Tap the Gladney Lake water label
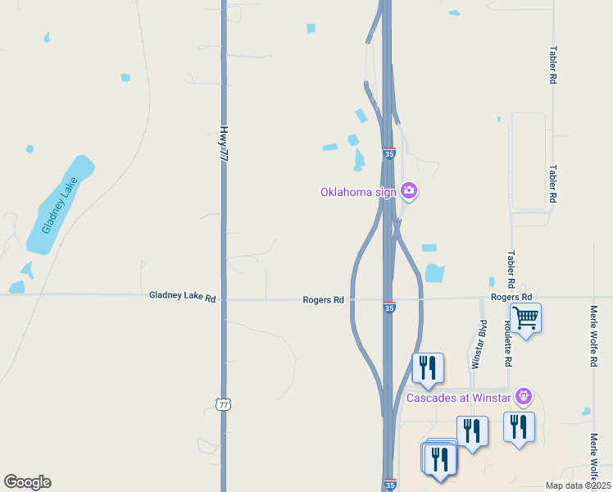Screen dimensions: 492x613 tap(59, 203)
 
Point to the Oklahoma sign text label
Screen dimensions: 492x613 tap(358, 193)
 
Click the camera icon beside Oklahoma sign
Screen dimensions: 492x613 tap(409, 192)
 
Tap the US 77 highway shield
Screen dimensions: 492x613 tap(223, 404)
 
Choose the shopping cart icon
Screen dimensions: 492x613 tap(525, 317)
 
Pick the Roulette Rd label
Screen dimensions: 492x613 tap(508, 343)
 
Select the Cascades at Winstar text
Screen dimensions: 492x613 tap(459, 399)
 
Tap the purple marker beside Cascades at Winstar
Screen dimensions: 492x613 tap(524, 398)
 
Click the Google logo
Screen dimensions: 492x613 tap(27, 482)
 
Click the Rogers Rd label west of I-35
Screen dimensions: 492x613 tap(323, 300)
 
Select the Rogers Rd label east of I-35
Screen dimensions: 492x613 tap(511, 296)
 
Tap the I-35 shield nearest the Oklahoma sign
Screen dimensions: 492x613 tap(389, 153)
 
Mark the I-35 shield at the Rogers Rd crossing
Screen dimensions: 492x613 tap(389, 307)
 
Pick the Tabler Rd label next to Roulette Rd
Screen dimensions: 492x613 tap(511, 262)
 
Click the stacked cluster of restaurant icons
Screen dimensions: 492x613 tap(439, 459)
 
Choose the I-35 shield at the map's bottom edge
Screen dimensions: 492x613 tap(389, 485)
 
